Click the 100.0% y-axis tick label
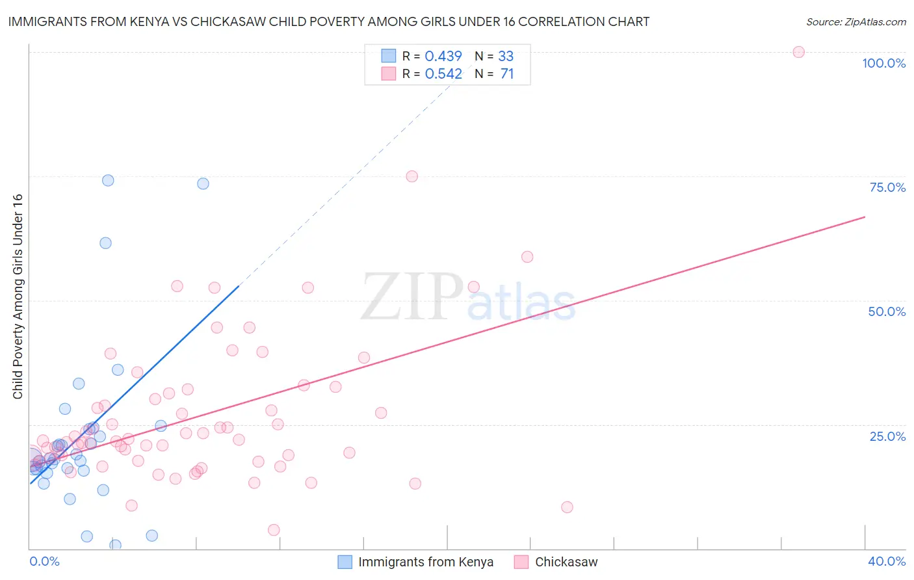[883, 63]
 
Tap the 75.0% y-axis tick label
[887, 187]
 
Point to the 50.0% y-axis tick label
[887, 311]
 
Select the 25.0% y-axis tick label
[887, 436]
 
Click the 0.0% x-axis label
[44, 561]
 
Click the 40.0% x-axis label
[886, 561]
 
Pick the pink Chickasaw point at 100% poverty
[798, 52]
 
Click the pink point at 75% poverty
[411, 176]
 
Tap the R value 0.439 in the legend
[443, 56]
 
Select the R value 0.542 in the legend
[443, 74]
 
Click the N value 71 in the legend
[507, 74]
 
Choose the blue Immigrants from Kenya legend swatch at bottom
[345, 562]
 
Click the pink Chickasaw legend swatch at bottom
[521, 562]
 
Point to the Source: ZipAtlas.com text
[855, 22]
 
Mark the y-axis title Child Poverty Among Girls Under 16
[18, 297]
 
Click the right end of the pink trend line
[864, 217]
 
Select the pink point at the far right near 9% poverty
[567, 507]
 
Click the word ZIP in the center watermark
[412, 297]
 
